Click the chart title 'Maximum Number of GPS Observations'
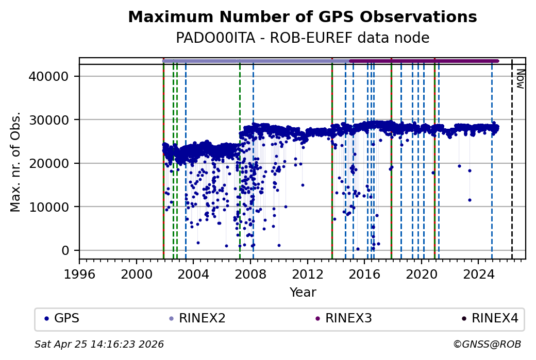pyautogui.click(x=303, y=17)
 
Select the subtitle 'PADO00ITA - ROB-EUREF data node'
pyautogui.click(x=303, y=38)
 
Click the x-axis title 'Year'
pyautogui.click(x=303, y=293)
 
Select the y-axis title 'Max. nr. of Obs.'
pyautogui.click(x=15, y=162)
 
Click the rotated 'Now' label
pyautogui.click(x=520, y=79)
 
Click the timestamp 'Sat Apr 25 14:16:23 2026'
pyautogui.click(x=99, y=344)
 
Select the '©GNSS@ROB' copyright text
pyautogui.click(x=487, y=344)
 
